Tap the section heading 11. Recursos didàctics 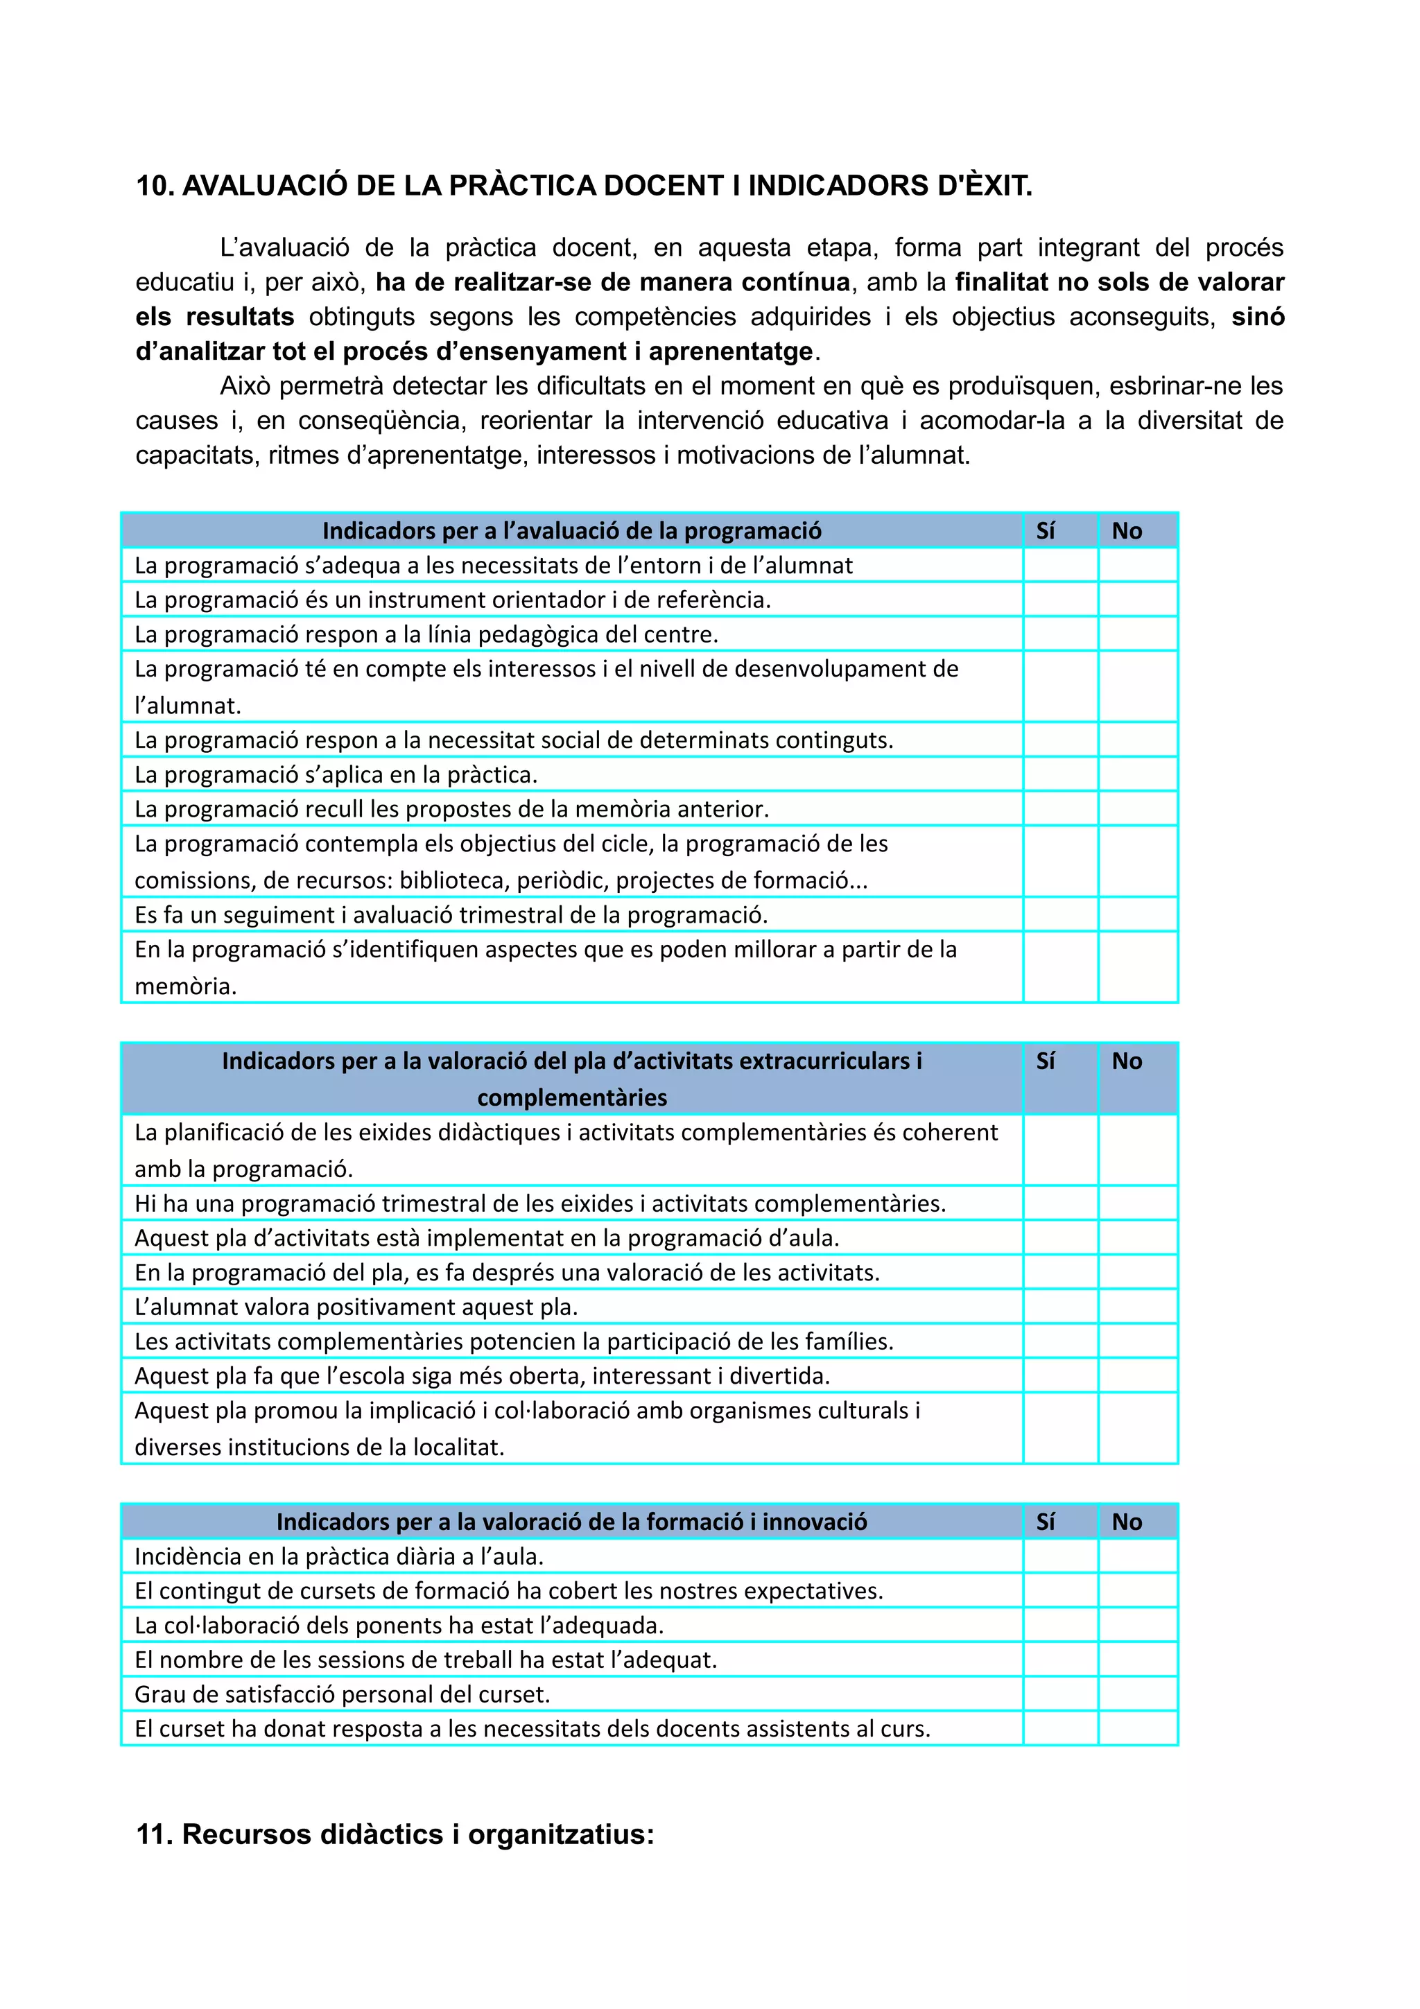[395, 1833]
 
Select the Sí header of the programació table [1045, 530]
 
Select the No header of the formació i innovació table [1127, 1522]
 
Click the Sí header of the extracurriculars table [1045, 1061]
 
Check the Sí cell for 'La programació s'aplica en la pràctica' [1059, 774]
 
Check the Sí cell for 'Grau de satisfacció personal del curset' [1059, 1694]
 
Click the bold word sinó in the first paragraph [1257, 317]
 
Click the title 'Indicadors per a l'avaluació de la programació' [571, 530]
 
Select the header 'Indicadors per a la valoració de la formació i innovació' [571, 1522]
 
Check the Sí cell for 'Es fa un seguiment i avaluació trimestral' [1059, 914]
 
